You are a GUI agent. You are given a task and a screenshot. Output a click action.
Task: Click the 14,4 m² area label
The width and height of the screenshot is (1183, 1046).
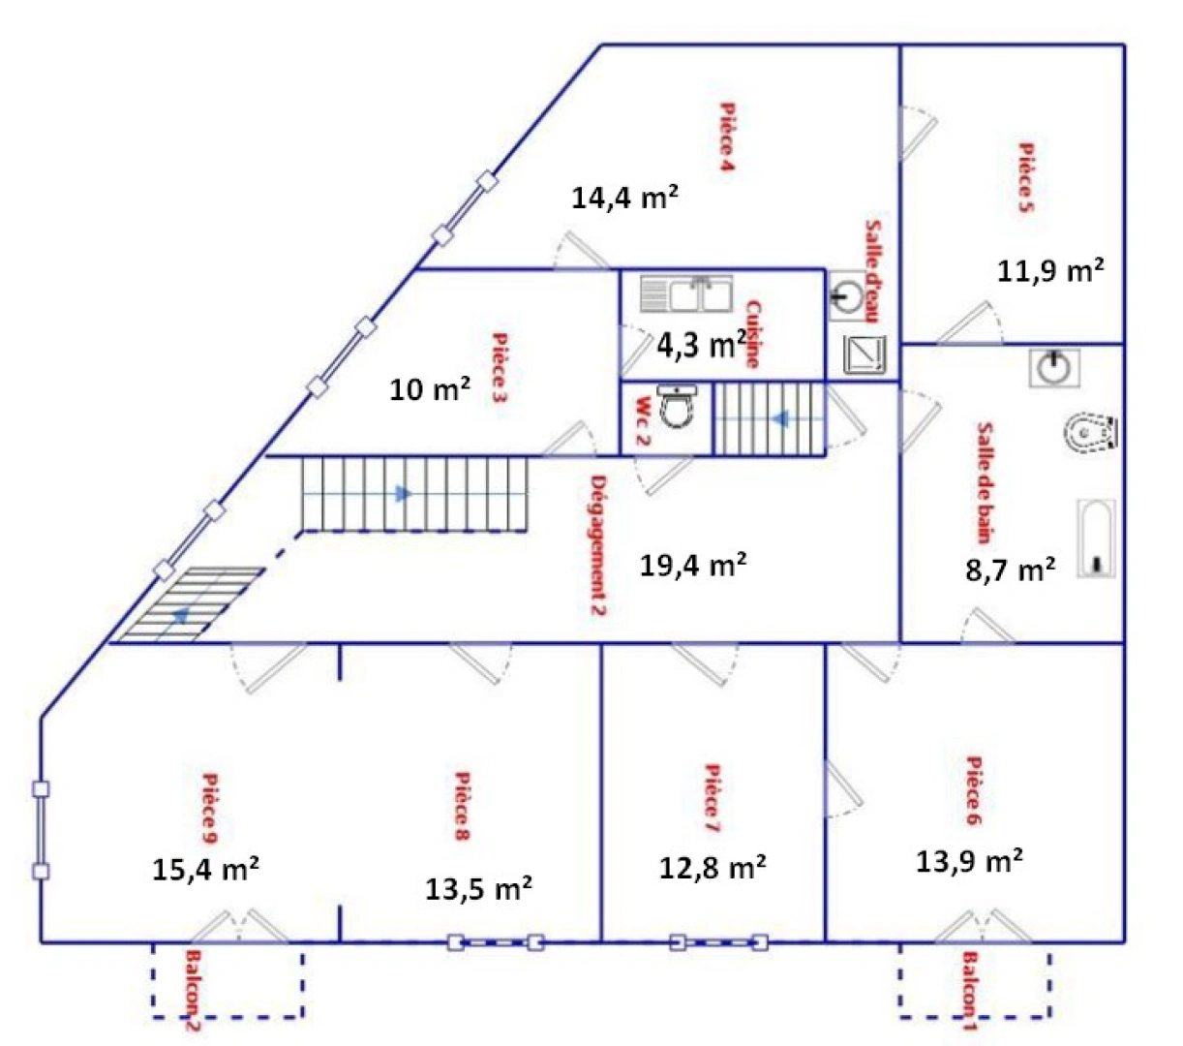[x=624, y=198]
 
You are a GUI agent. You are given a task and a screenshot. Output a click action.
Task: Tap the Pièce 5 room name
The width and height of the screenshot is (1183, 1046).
[x=1025, y=177]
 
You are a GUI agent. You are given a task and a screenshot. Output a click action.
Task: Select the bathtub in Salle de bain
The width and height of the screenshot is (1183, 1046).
[x=1096, y=538]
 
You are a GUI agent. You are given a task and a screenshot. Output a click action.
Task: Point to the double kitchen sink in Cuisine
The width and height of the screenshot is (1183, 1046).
[x=686, y=294]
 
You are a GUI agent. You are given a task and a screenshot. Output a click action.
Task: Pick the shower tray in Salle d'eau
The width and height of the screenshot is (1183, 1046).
[x=864, y=354]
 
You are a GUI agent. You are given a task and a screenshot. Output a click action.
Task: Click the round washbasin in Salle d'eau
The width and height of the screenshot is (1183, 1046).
[x=847, y=295]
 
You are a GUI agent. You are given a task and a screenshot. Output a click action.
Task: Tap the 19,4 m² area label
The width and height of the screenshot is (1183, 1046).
[x=692, y=565]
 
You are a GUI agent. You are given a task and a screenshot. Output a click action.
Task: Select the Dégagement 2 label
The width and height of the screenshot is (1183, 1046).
[x=598, y=545]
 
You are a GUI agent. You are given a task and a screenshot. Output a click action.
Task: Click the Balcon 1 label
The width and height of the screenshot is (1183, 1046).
[x=969, y=992]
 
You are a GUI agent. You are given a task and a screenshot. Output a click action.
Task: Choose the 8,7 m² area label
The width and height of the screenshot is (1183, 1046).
[x=1010, y=569]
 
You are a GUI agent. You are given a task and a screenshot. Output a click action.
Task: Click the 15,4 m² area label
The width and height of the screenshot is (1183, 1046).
[x=205, y=869]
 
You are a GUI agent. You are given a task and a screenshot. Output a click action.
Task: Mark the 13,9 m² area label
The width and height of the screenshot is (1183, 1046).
[x=970, y=860]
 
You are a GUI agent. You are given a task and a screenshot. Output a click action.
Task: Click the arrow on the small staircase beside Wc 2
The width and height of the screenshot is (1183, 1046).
[x=778, y=419]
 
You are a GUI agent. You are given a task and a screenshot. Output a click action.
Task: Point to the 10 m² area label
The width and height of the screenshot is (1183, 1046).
[x=430, y=389]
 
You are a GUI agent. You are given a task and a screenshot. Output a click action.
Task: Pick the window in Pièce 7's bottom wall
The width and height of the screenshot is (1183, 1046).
[x=718, y=941]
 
